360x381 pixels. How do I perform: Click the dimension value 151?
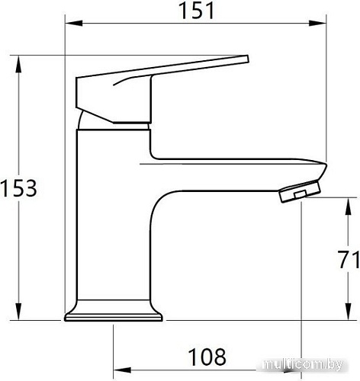pos(197,10)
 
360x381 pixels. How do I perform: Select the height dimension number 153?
pos(18,187)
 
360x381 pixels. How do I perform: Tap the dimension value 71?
pos(347,260)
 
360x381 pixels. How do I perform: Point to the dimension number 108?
pos(207,357)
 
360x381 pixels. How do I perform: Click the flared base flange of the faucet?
pos(114,312)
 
